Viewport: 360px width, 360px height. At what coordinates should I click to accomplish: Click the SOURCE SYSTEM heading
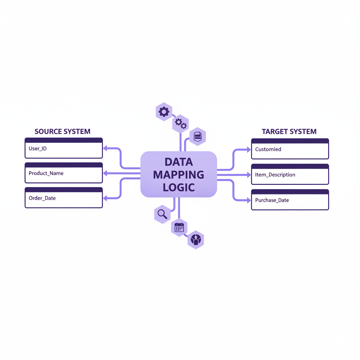point(62,131)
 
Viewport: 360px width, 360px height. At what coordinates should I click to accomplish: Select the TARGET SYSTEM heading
point(289,131)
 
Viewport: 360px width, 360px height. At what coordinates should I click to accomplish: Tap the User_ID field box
point(64,148)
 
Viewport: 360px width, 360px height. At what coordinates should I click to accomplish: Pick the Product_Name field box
point(64,173)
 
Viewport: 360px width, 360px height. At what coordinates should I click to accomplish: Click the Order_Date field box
point(64,198)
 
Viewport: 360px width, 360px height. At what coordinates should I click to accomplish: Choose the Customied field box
point(290,149)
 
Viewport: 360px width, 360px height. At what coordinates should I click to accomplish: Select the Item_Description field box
point(290,175)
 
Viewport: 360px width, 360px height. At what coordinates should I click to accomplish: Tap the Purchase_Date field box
point(290,200)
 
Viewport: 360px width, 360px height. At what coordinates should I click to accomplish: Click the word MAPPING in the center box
point(179,174)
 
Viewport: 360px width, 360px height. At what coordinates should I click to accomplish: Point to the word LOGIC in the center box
point(179,187)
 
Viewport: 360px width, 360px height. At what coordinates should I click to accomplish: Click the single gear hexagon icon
point(164,112)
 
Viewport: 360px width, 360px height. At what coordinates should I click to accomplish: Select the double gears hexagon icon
point(180,123)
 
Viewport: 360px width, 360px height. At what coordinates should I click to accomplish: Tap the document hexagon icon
point(198,136)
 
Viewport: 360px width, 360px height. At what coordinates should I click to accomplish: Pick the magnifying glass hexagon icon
point(162,214)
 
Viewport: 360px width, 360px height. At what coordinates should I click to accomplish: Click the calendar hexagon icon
point(179,227)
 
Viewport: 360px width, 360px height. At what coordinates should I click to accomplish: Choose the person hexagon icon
point(195,240)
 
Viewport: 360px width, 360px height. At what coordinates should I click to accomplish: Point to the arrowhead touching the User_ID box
point(105,148)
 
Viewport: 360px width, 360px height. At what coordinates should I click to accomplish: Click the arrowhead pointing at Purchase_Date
point(248,200)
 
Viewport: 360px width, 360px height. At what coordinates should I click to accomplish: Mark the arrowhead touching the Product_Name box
point(105,173)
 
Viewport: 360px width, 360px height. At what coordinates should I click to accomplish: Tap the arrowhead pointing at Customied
point(248,149)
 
